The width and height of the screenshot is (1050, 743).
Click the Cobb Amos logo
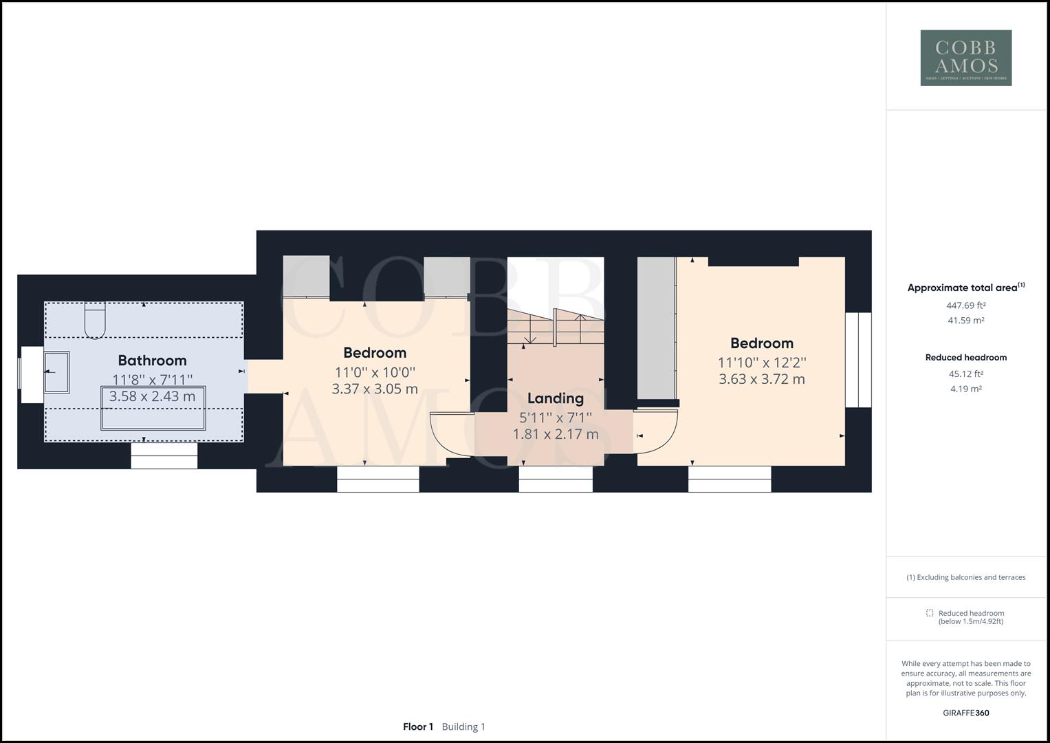965,58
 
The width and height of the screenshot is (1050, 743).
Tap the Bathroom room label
152,360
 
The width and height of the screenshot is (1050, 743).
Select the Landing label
555,398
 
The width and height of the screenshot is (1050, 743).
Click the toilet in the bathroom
95,321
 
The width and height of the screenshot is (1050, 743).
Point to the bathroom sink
57,372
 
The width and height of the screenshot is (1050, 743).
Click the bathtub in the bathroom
153,408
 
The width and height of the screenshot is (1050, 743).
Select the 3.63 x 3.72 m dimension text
761,379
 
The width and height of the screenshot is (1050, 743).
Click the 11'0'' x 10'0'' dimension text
375,372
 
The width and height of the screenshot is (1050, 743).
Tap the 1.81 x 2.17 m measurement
555,435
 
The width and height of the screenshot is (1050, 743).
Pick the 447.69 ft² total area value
965,305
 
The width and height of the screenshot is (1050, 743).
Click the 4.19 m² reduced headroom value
965,389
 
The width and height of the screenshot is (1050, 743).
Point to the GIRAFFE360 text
965,713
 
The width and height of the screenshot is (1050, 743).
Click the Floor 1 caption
418,726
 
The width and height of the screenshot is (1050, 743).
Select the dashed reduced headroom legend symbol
929,613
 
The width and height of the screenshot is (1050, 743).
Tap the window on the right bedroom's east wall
858,360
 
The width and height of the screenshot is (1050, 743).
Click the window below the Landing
556,479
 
